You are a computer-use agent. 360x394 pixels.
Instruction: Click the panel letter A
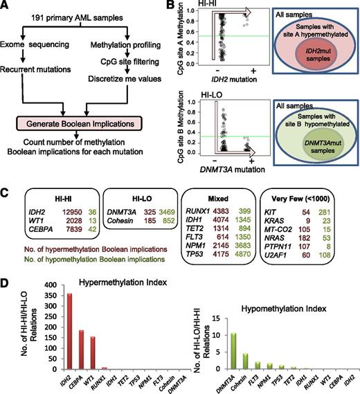[6, 6]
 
